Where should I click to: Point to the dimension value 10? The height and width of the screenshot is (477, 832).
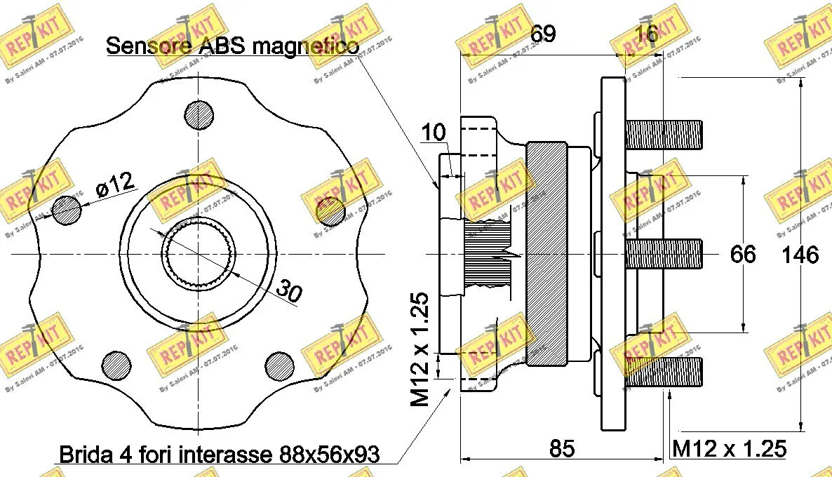[x=434, y=133]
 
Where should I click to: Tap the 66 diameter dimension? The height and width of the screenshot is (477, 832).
[x=743, y=254]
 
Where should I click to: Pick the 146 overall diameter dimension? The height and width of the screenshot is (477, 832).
[x=800, y=254]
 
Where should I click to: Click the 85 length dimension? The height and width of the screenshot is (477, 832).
[x=562, y=448]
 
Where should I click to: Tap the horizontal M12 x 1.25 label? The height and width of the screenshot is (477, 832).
[x=729, y=448]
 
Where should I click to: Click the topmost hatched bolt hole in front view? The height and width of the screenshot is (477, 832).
[x=199, y=114]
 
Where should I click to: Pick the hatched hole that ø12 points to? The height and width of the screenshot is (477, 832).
[x=67, y=210]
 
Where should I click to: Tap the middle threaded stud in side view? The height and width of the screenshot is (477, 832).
[x=664, y=253]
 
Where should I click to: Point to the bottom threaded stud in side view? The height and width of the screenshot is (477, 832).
[x=664, y=372]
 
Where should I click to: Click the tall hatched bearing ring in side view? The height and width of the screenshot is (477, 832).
[x=546, y=253]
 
